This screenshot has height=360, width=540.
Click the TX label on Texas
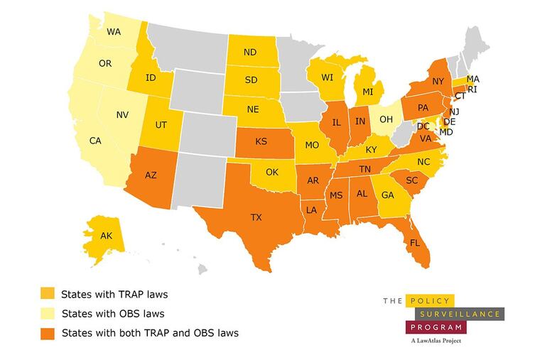[x=256, y=217]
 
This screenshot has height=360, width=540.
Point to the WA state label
[x=114, y=32]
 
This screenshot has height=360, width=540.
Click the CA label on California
[x=96, y=141]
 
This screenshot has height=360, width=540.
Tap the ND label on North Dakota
[x=250, y=53]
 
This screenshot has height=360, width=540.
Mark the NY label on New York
[x=438, y=82]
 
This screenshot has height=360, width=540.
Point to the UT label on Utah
[x=161, y=125]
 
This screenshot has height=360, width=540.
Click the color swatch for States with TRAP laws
[x=47, y=293]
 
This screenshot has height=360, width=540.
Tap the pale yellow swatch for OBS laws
[x=47, y=312]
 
